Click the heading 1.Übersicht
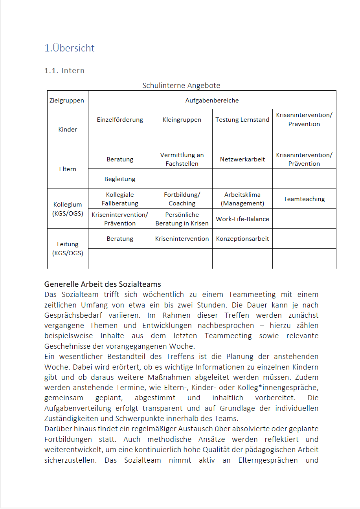(x=70, y=48)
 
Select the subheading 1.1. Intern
(x=64, y=71)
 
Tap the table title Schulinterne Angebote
(x=181, y=86)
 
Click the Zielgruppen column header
(x=67, y=100)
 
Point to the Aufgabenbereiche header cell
(x=212, y=100)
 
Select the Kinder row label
(x=68, y=130)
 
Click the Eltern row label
(x=68, y=169)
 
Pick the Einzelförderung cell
(x=120, y=120)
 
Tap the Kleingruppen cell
(x=182, y=120)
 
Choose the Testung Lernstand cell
(x=242, y=120)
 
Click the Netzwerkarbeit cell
(x=242, y=159)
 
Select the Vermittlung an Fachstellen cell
(x=182, y=159)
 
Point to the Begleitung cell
(x=120, y=179)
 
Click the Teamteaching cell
(x=304, y=199)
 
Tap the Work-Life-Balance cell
(x=242, y=219)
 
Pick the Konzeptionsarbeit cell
(x=242, y=239)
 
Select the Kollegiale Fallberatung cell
(x=120, y=199)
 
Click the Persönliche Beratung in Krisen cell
(x=182, y=219)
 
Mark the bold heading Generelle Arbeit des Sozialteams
(x=103, y=284)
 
